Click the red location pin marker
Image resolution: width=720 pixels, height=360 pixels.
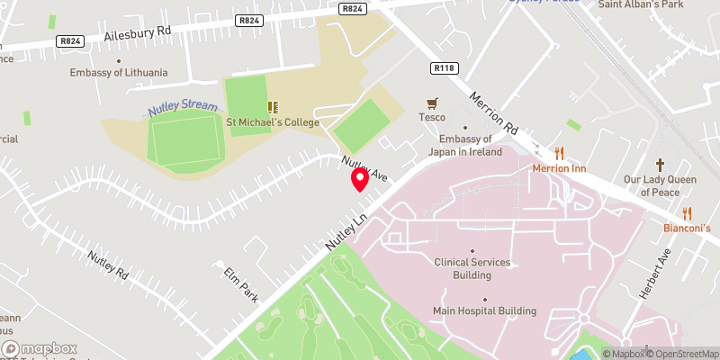point(360,179)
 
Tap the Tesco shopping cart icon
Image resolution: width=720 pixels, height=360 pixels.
point(432,104)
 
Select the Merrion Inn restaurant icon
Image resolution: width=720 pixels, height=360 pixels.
point(559,153)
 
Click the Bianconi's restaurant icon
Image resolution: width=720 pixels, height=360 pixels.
point(688,213)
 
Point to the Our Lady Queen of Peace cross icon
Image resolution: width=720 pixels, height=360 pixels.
point(661,165)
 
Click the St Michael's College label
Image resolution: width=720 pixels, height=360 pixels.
point(272,122)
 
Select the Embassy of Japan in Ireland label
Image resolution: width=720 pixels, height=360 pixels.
point(465,145)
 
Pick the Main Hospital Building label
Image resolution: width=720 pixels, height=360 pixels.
point(484,311)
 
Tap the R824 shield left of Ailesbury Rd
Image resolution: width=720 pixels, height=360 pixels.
point(67,40)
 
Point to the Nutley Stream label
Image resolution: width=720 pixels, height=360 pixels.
point(183,107)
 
